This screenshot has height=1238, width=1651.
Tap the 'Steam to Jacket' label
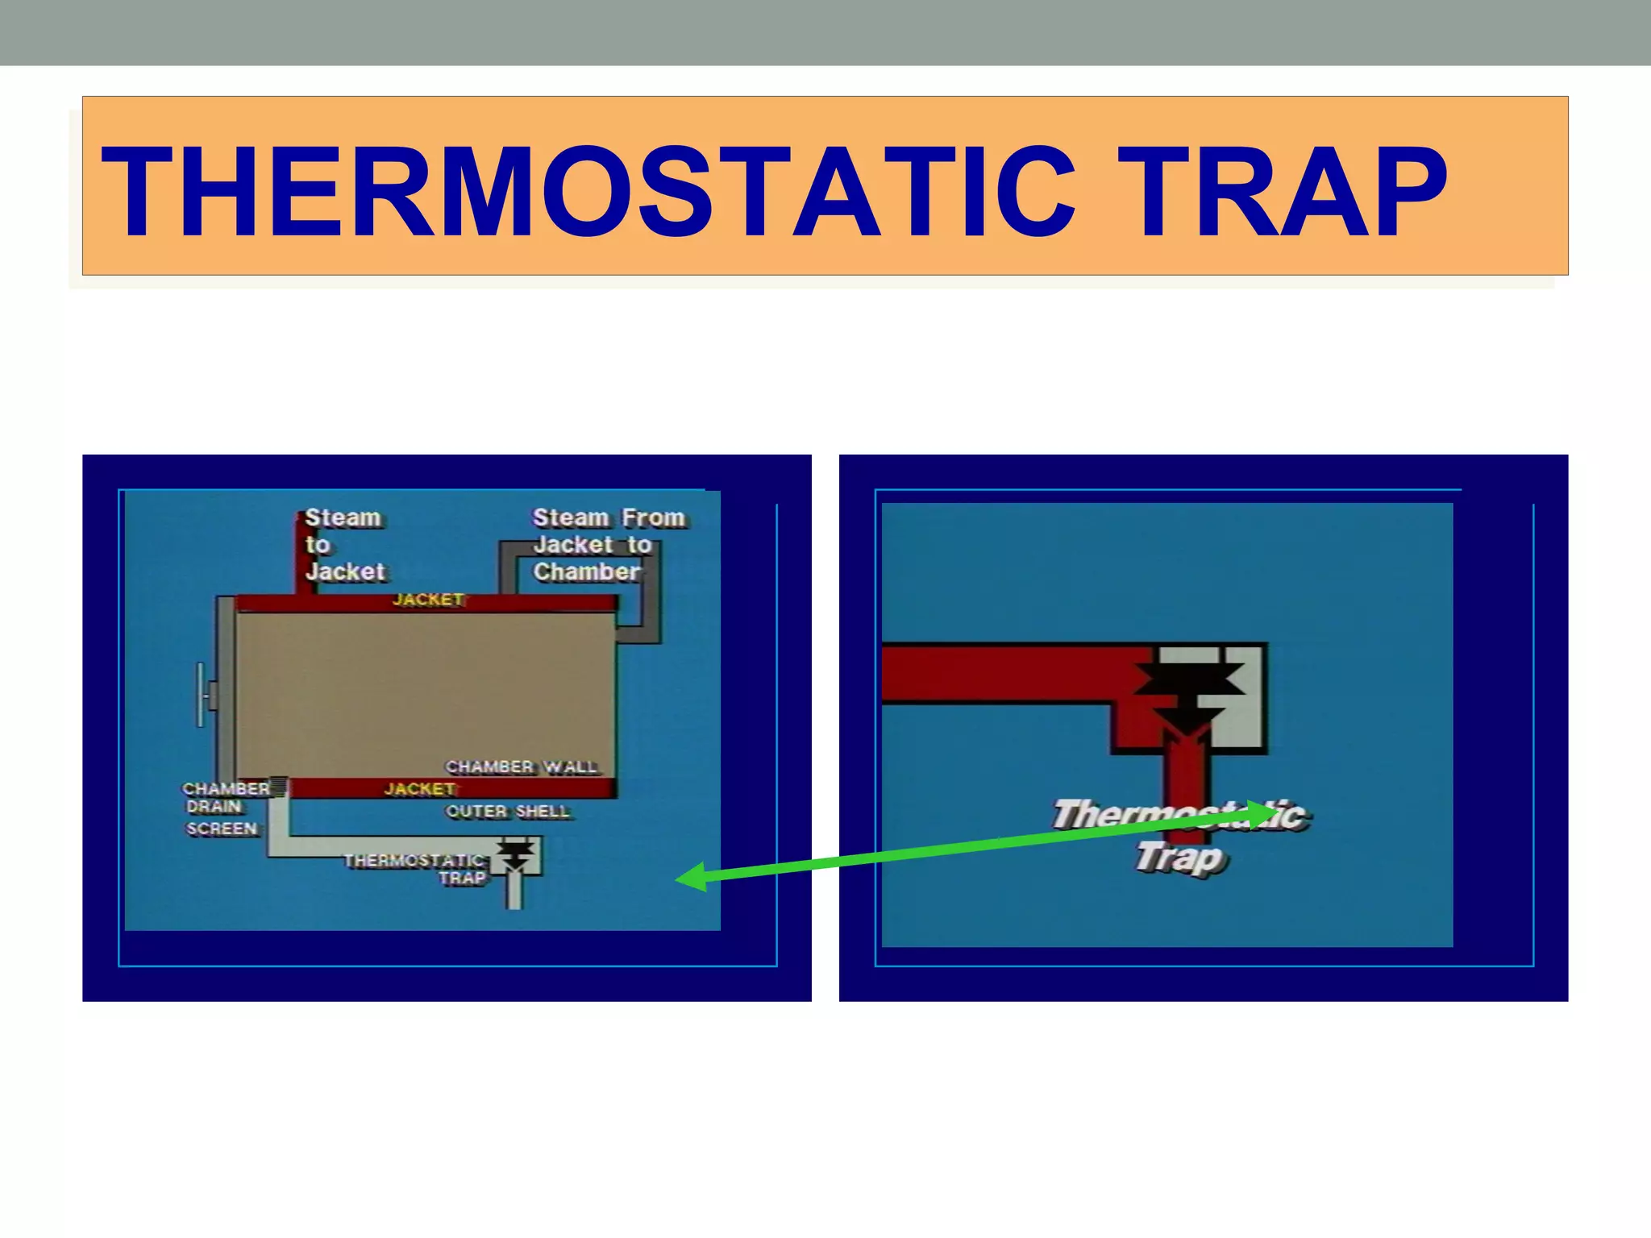343,545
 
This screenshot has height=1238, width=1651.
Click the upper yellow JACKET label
427,600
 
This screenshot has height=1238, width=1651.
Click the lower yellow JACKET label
419,789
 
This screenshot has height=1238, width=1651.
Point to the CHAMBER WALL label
522,766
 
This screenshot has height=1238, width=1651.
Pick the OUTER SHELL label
508,812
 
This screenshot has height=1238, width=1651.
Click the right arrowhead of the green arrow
1261,814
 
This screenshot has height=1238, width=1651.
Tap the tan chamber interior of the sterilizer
425,693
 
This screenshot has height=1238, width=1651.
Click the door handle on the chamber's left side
203,695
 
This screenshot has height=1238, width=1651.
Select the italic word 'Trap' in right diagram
1181,858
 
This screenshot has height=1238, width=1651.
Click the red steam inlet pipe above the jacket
306,556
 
